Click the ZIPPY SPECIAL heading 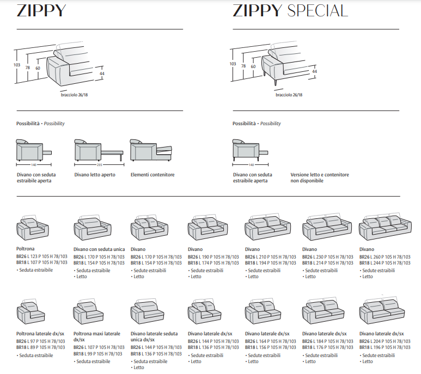click(x=290, y=10)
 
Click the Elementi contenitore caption click(x=152, y=175)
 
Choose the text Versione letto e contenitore click(x=320, y=175)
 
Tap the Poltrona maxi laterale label click(x=97, y=333)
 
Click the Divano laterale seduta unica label click(x=154, y=333)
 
